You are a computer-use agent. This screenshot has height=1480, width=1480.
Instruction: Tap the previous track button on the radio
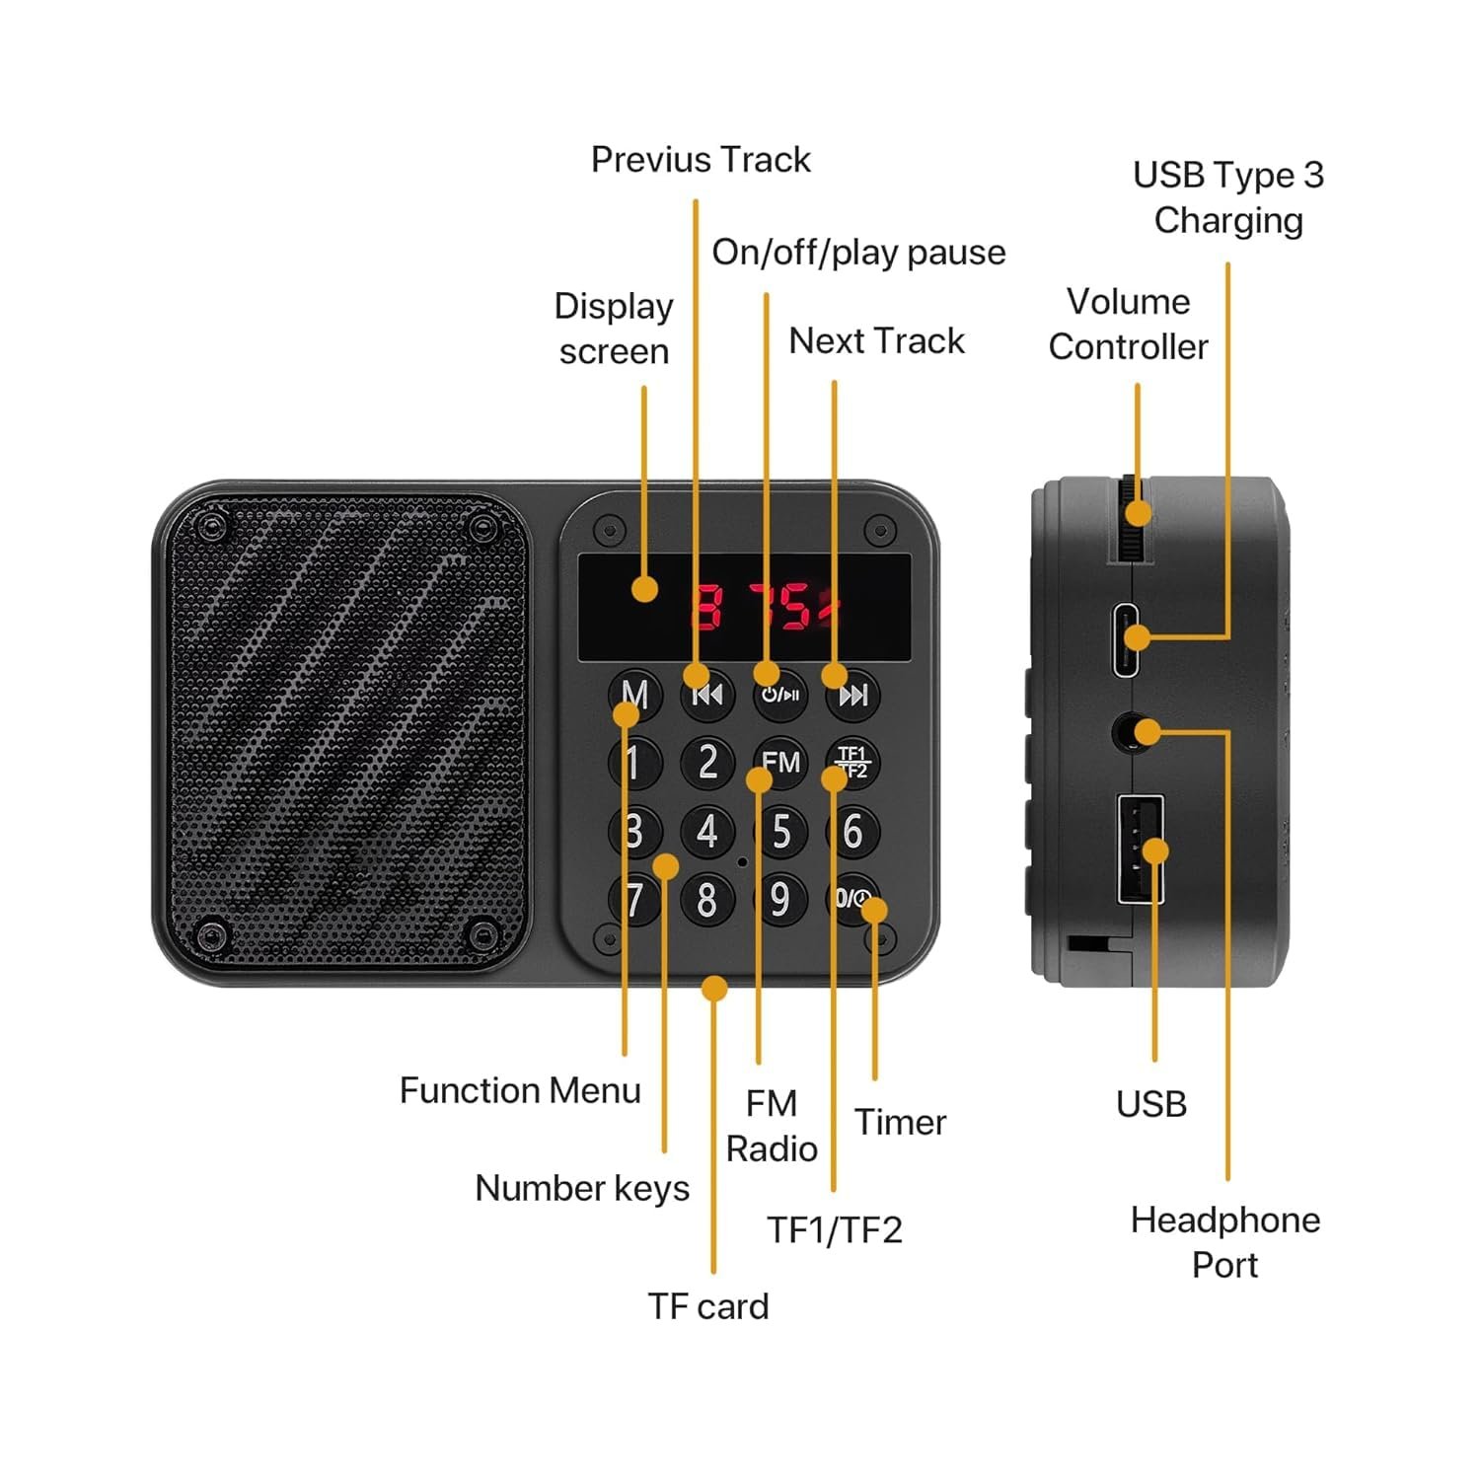707,695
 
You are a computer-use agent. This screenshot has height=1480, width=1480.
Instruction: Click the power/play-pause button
780,695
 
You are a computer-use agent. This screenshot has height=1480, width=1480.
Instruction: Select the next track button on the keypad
852,695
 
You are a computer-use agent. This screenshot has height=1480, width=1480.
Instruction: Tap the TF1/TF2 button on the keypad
852,762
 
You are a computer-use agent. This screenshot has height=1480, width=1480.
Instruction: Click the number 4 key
707,831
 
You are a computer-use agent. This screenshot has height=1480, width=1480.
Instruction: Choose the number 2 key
707,762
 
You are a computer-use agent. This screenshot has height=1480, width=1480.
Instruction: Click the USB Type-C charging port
1126,638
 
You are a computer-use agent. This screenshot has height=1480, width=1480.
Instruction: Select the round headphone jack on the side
1127,733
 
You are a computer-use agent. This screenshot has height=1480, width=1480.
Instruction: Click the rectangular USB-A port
1140,849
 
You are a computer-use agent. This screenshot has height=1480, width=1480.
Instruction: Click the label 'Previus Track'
701,160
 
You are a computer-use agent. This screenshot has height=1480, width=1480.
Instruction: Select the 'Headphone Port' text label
1224,1242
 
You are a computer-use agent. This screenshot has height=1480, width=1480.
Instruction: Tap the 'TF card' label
707,1306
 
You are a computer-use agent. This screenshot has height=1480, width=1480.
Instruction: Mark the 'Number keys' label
582,1188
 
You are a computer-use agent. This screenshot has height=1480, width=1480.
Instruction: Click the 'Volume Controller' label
1128,324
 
